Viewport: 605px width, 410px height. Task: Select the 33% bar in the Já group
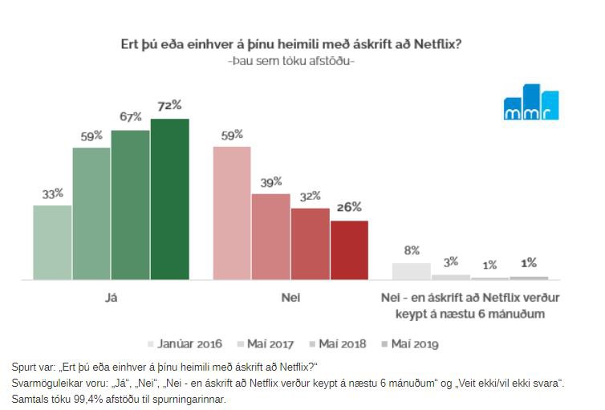52,242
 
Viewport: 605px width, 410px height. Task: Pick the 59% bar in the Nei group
232,213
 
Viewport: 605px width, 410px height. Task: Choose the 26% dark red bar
349,250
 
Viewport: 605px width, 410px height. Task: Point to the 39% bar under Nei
270,236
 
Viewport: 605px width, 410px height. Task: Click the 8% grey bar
411,271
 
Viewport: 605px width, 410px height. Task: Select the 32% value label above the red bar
310,196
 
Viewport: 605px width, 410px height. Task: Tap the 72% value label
169,105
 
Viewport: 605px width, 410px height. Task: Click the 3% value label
450,262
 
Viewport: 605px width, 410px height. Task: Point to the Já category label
112,298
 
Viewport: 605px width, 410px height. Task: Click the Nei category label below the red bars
290,298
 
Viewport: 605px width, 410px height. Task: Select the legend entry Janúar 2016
186,343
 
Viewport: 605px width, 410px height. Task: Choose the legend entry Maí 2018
341,343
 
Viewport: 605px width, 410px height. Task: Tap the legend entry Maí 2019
413,343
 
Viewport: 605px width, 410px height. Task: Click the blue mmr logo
530,102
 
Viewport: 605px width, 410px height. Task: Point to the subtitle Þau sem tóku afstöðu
290,61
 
